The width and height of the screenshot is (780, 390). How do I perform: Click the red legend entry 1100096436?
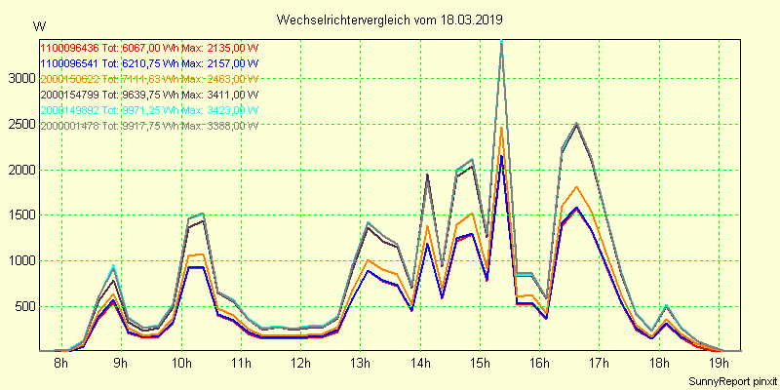(69, 46)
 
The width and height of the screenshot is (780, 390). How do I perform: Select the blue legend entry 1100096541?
(69, 62)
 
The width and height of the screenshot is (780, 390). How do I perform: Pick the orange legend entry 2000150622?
(69, 78)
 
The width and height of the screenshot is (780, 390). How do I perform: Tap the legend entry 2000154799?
(69, 94)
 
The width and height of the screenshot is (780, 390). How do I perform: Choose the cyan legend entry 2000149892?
(69, 110)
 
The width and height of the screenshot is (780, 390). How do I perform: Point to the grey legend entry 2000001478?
(69, 126)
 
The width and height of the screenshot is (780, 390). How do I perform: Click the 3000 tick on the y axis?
(19, 79)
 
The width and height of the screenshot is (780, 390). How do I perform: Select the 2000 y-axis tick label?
(19, 170)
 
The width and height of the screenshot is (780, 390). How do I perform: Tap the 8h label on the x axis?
(60, 365)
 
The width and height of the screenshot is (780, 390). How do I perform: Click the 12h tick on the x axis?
(300, 365)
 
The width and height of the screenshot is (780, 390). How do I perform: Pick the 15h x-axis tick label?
(480, 365)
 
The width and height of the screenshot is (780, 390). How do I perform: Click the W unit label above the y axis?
(38, 24)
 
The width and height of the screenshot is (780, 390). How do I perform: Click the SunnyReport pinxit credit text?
(732, 381)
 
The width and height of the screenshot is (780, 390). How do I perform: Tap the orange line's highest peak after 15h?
(501, 127)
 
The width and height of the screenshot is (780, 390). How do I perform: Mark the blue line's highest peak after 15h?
(501, 156)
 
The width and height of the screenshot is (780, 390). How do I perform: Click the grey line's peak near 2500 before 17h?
(576, 124)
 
